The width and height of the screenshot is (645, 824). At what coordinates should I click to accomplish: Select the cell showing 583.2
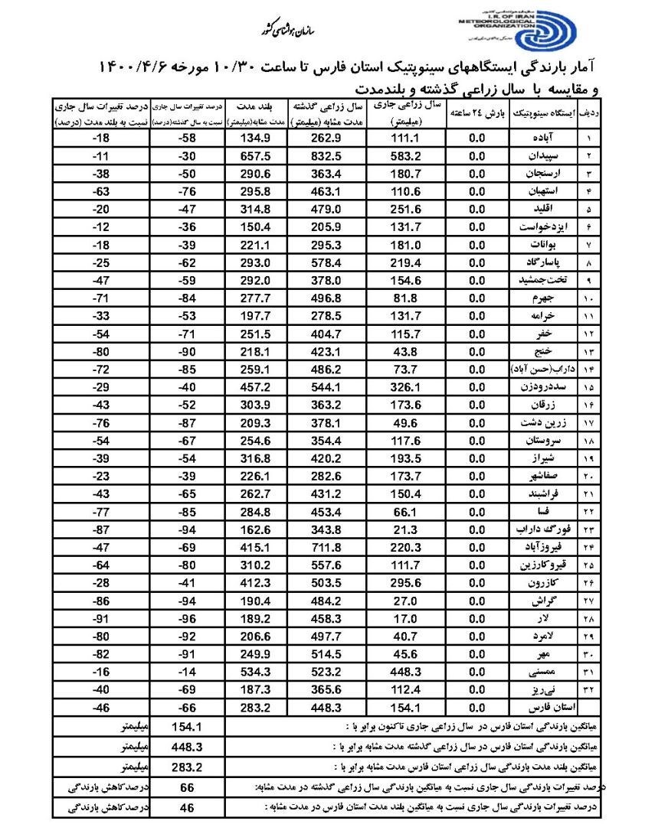(x=406, y=157)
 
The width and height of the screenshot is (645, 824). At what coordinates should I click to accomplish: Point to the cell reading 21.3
(x=406, y=529)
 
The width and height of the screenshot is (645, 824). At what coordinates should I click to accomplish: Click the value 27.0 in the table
(x=406, y=601)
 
